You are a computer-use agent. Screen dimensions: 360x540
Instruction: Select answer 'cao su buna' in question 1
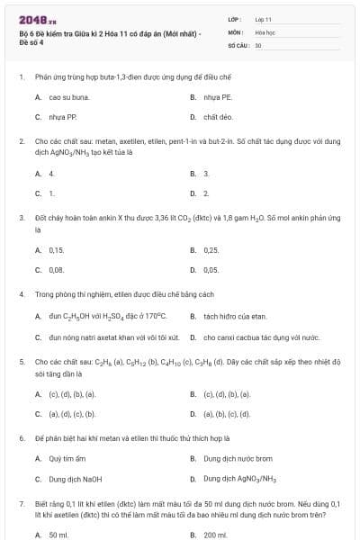coord(68,97)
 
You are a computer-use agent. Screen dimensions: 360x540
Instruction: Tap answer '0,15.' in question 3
coord(57,249)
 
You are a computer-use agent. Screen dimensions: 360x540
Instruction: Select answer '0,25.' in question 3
coord(211,249)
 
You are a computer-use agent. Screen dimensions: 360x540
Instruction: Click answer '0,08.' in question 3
coord(57,269)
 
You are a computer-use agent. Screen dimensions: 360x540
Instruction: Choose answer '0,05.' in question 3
coord(211,269)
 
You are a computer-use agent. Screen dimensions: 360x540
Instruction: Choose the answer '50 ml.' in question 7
coord(58,535)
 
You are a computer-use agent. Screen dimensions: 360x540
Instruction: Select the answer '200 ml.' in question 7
coord(214,535)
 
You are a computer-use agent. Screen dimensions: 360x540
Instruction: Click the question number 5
coord(22,361)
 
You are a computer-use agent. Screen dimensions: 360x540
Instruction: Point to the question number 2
coord(22,141)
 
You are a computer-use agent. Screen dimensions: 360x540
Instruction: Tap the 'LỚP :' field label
coord(235,18)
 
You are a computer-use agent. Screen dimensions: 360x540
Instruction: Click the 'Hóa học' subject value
coord(265,31)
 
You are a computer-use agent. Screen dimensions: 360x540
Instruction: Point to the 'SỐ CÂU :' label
coord(238,44)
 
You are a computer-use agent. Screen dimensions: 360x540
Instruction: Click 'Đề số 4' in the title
coord(32,44)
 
